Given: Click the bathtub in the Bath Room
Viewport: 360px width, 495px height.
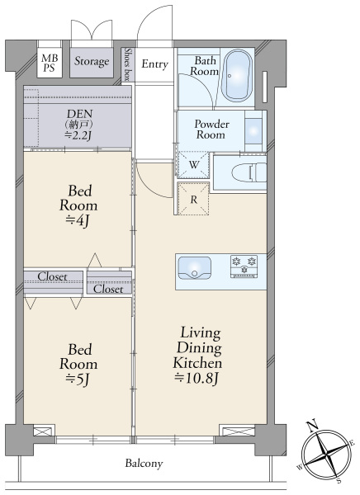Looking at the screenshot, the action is point(237,75).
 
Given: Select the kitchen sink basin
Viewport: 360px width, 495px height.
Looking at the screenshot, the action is point(194,268).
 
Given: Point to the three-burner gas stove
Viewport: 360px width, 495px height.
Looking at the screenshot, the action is point(244,266).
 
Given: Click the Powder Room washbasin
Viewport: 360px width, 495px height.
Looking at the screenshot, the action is point(253,131).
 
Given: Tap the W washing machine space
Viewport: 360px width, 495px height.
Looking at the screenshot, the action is point(194,164).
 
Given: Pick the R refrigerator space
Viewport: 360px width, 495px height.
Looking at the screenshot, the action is point(194,199).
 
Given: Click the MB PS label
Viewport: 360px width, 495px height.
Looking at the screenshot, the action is point(50,63).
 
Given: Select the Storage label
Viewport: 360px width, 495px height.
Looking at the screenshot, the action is point(92,62).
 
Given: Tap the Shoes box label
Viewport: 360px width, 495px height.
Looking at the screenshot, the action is point(128,64).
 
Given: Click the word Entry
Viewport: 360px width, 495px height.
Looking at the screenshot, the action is point(154,64).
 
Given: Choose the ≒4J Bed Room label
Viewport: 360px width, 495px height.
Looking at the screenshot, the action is point(78,206).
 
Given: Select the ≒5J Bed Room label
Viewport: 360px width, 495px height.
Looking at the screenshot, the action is point(78,365).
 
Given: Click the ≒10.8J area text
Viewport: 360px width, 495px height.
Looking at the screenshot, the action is point(197,378).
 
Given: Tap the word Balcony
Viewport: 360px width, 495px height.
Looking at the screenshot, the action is point(144,464).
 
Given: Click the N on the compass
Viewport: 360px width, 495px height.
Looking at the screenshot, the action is point(313,425).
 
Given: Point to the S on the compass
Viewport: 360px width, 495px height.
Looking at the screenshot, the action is point(339,480).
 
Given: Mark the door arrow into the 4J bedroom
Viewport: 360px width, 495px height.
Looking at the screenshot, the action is point(95,260).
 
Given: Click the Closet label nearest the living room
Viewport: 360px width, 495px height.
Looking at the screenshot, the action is point(108,289).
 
